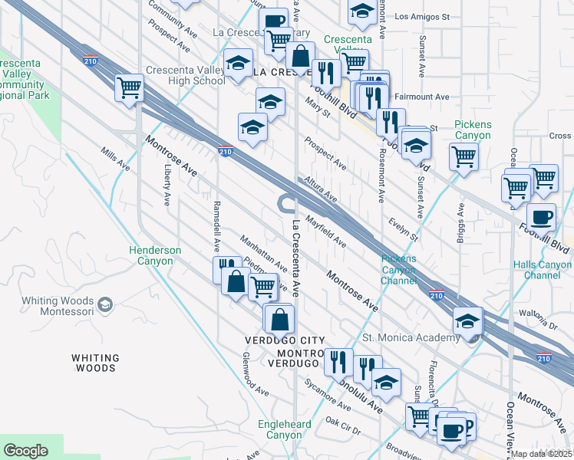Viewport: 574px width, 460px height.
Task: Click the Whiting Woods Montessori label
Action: (x=52, y=306)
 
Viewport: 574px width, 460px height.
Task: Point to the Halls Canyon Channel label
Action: (x=542, y=270)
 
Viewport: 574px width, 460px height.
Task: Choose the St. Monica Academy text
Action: (x=404, y=337)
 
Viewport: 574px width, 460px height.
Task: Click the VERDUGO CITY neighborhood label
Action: (x=285, y=340)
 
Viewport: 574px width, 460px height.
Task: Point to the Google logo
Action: (x=25, y=451)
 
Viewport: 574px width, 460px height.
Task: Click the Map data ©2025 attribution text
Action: (x=542, y=454)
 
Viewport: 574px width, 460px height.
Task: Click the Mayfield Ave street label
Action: (x=327, y=231)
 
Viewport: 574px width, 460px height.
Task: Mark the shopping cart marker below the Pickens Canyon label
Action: (x=464, y=156)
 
